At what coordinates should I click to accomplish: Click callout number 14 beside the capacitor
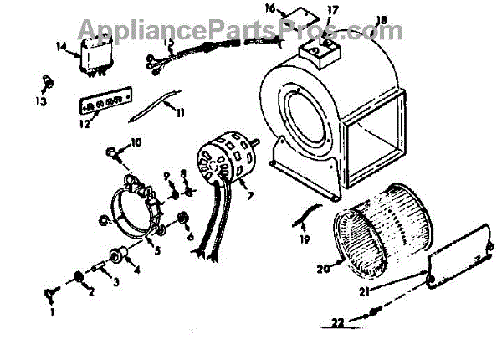tap(61, 47)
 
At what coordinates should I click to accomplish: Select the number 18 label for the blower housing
tap(382, 20)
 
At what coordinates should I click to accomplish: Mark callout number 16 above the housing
tap(270, 8)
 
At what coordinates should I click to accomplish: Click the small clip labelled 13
tap(47, 81)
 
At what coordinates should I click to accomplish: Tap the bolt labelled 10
tap(112, 153)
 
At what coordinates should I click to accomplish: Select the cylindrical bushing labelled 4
tap(116, 254)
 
